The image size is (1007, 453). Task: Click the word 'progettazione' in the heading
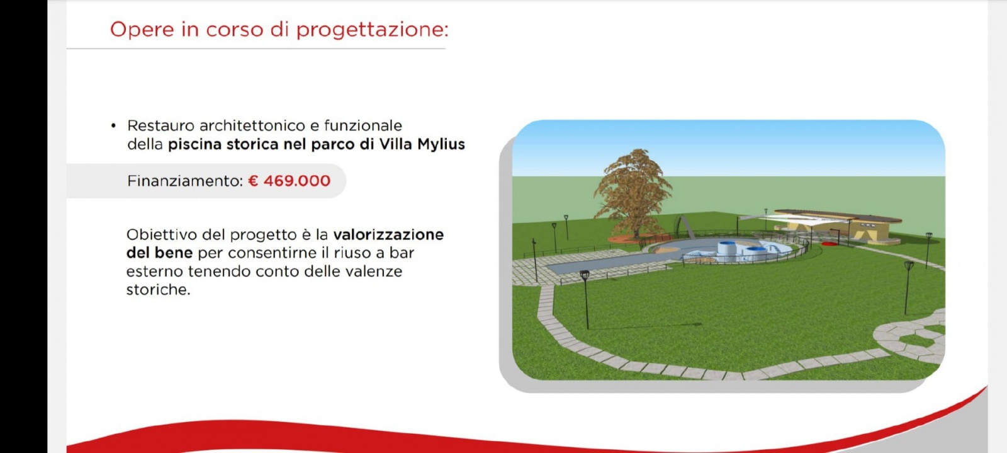(x=372, y=30)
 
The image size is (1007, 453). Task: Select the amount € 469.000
(x=290, y=181)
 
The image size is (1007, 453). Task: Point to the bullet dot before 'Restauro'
(x=113, y=126)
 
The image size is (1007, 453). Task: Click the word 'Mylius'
(x=441, y=144)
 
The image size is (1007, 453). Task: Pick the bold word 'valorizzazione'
(x=388, y=234)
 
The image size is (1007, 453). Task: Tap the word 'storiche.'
(x=158, y=290)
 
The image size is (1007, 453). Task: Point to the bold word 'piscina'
(x=195, y=144)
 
